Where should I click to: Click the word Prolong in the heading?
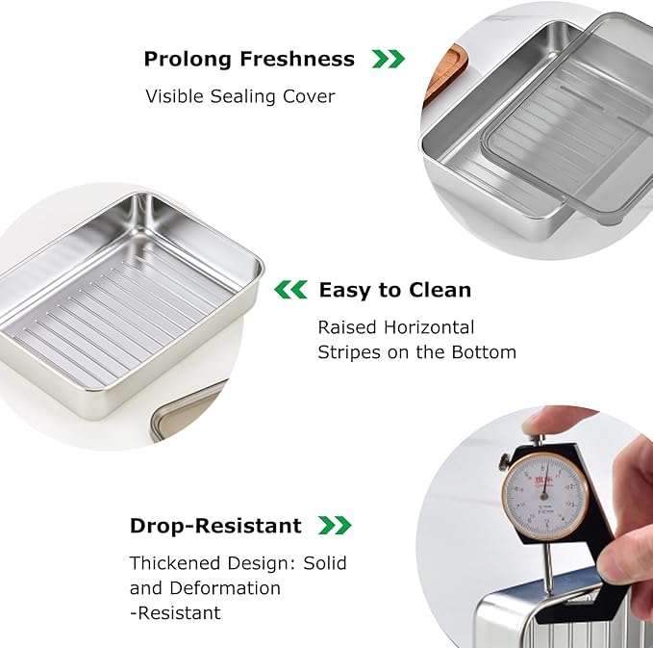coord(187,59)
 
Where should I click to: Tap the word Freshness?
coord(297,59)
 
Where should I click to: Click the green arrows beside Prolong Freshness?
coord(389,59)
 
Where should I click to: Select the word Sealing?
coord(242,96)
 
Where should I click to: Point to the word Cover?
coord(309,96)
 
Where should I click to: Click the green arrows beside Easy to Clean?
coord(290,290)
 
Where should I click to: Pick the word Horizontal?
coord(429,327)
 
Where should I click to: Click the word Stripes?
coord(349,352)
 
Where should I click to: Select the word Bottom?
coord(484,352)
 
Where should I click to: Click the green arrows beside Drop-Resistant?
coord(335,526)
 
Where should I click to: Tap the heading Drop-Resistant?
coord(215,526)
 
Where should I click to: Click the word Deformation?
coord(225,588)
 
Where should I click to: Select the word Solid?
coord(325,563)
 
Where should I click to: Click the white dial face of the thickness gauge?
coord(544,496)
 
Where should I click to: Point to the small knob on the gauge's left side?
coord(506,461)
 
